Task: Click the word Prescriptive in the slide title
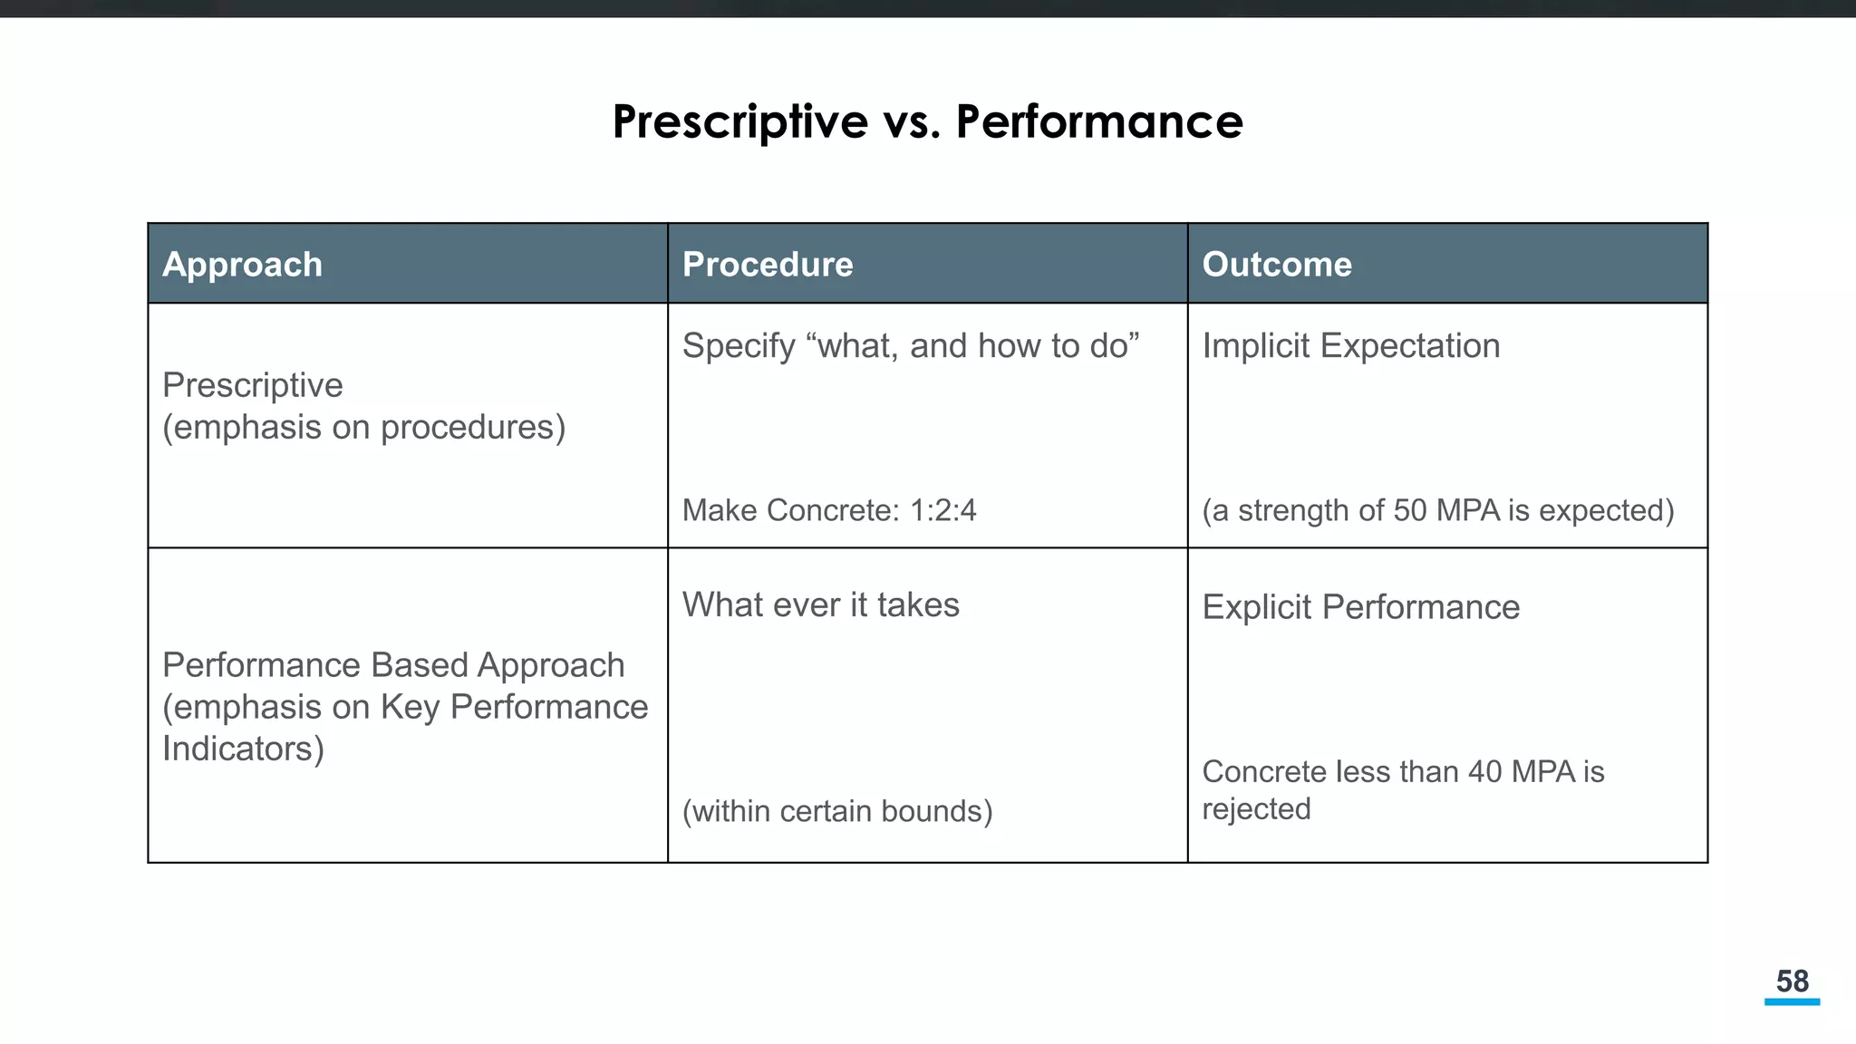pyautogui.click(x=739, y=121)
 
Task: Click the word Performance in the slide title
pyautogui.click(x=1099, y=121)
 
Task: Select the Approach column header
pyautogui.click(x=242, y=265)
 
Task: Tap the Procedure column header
pyautogui.click(x=768, y=265)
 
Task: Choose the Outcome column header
pyautogui.click(x=1277, y=265)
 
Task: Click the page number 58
pyautogui.click(x=1792, y=981)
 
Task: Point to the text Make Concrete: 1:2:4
pyautogui.click(x=829, y=510)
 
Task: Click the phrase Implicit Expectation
pyautogui.click(x=1350, y=346)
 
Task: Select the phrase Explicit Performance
pyautogui.click(x=1360, y=607)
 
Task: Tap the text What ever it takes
pyautogui.click(x=820, y=605)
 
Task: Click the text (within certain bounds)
pyautogui.click(x=836, y=811)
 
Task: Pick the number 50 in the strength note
pyautogui.click(x=1410, y=510)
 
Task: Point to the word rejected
pyautogui.click(x=1256, y=809)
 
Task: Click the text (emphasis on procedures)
pyautogui.click(x=363, y=428)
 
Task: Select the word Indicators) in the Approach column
pyautogui.click(x=243, y=749)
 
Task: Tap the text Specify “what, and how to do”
pyautogui.click(x=910, y=346)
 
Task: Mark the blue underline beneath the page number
pyautogui.click(x=1792, y=1002)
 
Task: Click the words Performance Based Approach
pyautogui.click(x=393, y=666)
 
